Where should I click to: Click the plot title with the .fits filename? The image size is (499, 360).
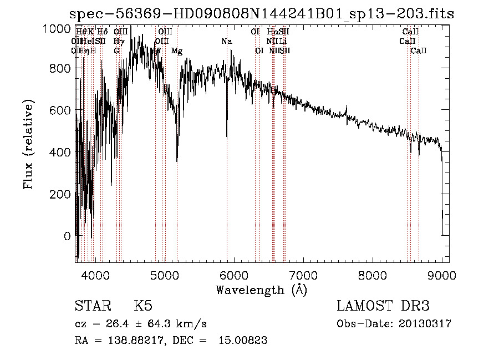point(262,14)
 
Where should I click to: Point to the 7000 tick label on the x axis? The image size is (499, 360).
point(303,275)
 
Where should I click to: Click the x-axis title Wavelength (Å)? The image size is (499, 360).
point(261,290)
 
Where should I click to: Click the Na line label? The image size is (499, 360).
point(226,42)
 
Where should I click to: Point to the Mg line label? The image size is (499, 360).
point(177,51)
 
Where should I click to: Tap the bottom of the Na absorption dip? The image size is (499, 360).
point(227,137)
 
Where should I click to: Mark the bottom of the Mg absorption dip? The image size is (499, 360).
point(177,161)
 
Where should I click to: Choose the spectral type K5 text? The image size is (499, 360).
point(143,306)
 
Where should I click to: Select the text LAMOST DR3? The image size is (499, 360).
point(383,306)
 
